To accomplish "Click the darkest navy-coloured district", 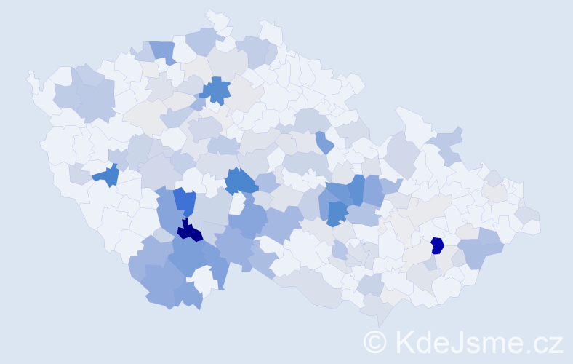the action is coord(189,232).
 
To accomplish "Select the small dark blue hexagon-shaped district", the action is coord(437,245).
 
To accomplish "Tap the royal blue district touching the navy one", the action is coord(185,202).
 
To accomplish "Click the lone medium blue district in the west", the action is coord(107,175).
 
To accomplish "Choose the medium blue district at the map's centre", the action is coord(241,181).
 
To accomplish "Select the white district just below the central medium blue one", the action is coord(237,203).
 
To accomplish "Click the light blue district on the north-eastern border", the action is coord(449,142).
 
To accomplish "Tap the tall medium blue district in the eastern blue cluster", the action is coord(356,189).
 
